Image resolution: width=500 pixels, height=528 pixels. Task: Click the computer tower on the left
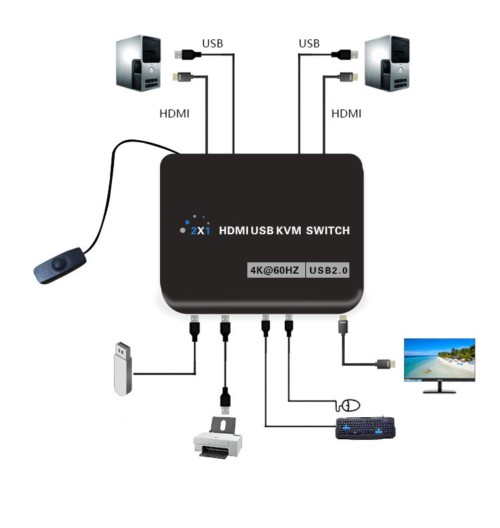(138, 63)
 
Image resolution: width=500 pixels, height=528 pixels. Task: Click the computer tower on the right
(387, 63)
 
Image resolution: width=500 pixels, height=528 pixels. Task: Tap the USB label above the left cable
(213, 43)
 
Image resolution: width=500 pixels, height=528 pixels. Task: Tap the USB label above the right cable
(309, 43)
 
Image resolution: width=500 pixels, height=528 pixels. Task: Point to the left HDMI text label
(174, 113)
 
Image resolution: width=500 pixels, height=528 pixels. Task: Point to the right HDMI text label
(347, 113)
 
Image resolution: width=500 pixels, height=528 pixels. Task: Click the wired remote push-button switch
(60, 265)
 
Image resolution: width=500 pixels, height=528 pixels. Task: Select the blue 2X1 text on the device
(201, 231)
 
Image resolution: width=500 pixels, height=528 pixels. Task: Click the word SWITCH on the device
(328, 231)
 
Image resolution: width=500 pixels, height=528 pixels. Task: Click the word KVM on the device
(289, 231)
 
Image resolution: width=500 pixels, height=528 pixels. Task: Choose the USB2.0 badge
(328, 270)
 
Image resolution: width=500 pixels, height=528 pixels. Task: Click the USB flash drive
(123, 368)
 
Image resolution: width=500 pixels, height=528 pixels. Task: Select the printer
(217, 437)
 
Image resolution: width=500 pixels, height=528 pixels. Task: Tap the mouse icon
(349, 405)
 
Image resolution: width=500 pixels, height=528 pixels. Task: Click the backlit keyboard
(365, 428)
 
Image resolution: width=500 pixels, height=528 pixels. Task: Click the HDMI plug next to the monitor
(386, 364)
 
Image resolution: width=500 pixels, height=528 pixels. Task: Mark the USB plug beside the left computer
(187, 54)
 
